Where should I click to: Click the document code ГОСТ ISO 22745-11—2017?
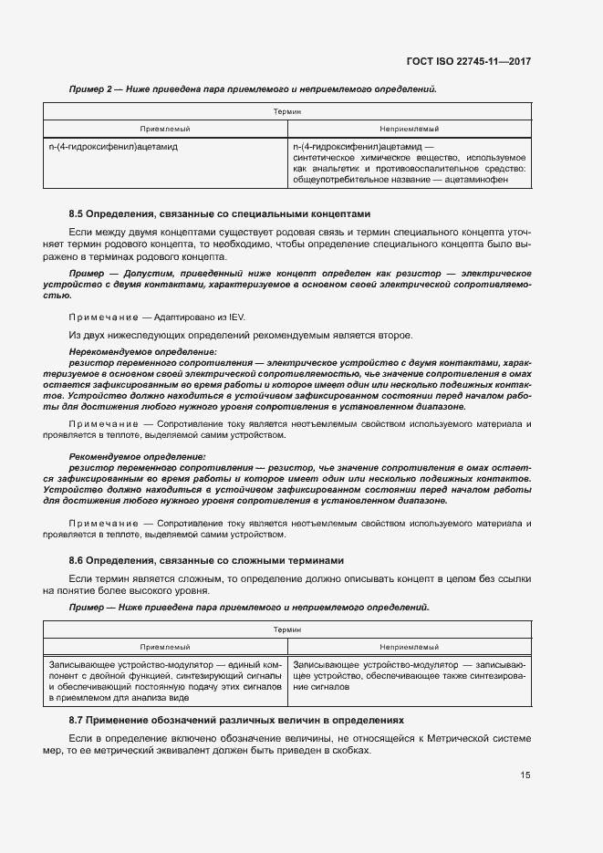[469, 61]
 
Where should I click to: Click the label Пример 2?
[90, 89]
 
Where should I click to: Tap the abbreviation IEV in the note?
[235, 317]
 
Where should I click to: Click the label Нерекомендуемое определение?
[143, 351]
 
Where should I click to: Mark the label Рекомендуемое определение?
[137, 456]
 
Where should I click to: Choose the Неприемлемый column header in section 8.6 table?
[409, 645]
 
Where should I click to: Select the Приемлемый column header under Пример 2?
[165, 129]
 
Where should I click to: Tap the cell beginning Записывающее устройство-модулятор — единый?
[165, 681]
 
